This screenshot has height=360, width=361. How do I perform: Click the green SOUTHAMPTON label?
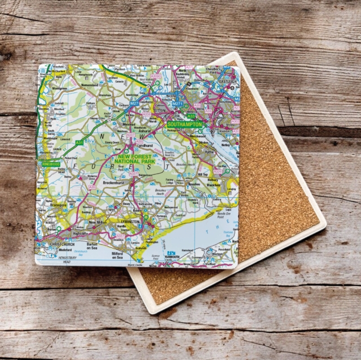point(184,124)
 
